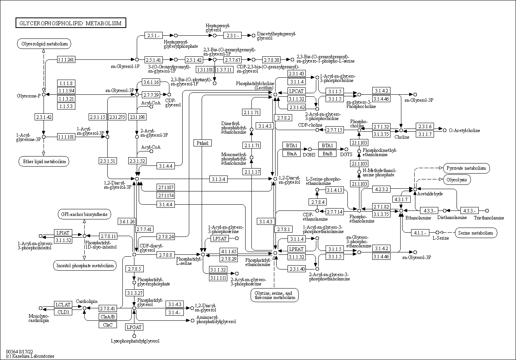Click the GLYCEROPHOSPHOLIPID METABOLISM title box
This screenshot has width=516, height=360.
click(x=71, y=23)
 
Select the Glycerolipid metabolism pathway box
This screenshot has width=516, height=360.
click(x=44, y=44)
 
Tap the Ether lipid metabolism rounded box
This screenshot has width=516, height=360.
click(x=43, y=161)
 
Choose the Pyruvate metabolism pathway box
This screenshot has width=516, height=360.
click(x=466, y=168)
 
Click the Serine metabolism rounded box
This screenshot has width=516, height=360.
click(x=476, y=233)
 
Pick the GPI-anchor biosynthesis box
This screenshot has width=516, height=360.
click(x=84, y=214)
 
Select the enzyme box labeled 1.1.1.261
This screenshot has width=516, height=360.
click(x=66, y=59)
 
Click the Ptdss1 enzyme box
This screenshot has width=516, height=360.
click(x=202, y=143)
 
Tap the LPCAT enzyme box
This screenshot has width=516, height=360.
click(x=296, y=91)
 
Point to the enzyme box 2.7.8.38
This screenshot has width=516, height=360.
click(x=271, y=60)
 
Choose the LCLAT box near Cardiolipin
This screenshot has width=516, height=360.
click(x=63, y=304)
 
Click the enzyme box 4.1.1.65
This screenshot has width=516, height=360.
click(x=228, y=251)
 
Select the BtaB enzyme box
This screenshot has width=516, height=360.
click(x=327, y=153)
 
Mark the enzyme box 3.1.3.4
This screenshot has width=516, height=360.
click(x=219, y=179)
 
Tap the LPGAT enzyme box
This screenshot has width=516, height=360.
click(x=134, y=327)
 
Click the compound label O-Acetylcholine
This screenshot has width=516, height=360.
click(x=464, y=130)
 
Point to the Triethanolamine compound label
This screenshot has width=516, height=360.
click(x=489, y=218)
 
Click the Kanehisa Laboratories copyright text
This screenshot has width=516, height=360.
click(x=30, y=356)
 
